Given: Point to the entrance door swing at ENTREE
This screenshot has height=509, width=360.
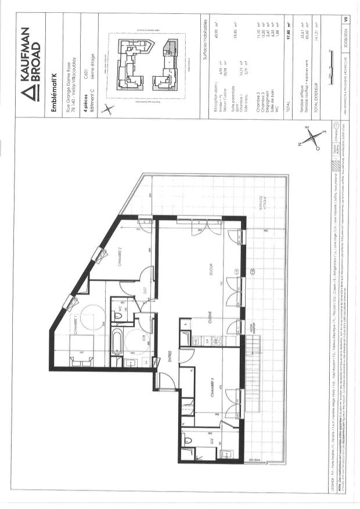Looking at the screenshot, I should pos(165,381).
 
